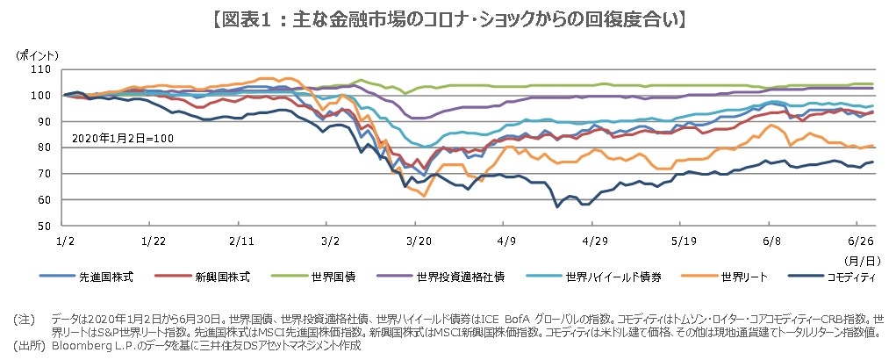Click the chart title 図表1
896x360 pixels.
point(448,17)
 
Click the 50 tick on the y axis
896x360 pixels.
point(42,226)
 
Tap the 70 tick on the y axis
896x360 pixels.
point(42,174)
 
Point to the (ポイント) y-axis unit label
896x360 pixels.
point(37,54)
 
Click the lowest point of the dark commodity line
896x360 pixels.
point(556,207)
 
